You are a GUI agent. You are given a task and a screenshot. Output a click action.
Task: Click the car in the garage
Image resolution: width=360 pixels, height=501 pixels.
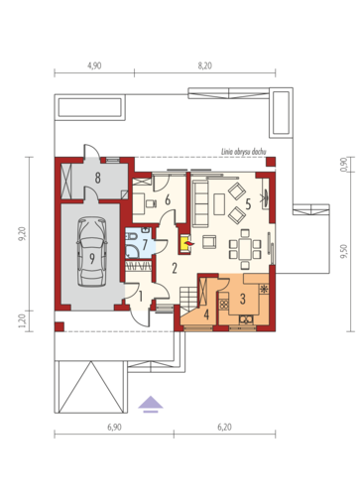(92, 251)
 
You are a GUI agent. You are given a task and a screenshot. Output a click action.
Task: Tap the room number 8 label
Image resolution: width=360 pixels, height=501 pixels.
(97, 179)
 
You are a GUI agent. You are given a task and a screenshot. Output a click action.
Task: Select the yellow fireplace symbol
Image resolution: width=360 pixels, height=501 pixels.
(186, 244)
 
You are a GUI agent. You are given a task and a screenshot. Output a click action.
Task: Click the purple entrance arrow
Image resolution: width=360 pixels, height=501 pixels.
(151, 404)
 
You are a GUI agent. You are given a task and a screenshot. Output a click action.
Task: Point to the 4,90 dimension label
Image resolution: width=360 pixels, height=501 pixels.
(94, 65)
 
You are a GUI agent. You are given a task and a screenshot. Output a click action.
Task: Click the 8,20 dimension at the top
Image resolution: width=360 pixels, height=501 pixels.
(205, 65)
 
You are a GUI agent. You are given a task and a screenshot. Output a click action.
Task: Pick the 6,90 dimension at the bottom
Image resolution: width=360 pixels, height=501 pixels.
(114, 427)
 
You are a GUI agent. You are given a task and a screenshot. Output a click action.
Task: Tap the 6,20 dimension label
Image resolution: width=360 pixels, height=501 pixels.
(224, 427)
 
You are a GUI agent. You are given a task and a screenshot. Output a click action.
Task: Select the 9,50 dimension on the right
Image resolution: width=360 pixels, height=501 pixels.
(344, 251)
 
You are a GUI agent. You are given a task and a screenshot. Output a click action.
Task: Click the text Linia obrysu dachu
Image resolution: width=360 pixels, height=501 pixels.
(243, 152)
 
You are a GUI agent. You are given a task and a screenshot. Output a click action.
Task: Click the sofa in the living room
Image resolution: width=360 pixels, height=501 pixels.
(200, 203)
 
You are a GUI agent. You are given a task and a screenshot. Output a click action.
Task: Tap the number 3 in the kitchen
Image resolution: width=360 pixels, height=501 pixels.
(243, 299)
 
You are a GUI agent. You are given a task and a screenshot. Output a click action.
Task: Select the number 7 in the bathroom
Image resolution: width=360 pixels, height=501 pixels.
(145, 245)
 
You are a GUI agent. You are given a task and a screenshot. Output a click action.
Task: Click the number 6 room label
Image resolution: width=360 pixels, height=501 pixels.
(168, 199)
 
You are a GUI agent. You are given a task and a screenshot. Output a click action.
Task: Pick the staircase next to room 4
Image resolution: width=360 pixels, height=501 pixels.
(188, 299)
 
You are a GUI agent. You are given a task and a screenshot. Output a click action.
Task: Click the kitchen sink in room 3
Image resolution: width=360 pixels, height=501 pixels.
(246, 319)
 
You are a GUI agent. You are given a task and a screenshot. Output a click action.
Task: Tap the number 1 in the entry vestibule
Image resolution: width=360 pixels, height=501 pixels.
(141, 297)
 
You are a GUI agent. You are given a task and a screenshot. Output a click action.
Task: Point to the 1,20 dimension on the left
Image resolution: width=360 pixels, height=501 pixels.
(22, 320)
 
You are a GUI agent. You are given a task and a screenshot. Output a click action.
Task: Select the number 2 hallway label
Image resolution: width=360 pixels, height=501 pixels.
(175, 268)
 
